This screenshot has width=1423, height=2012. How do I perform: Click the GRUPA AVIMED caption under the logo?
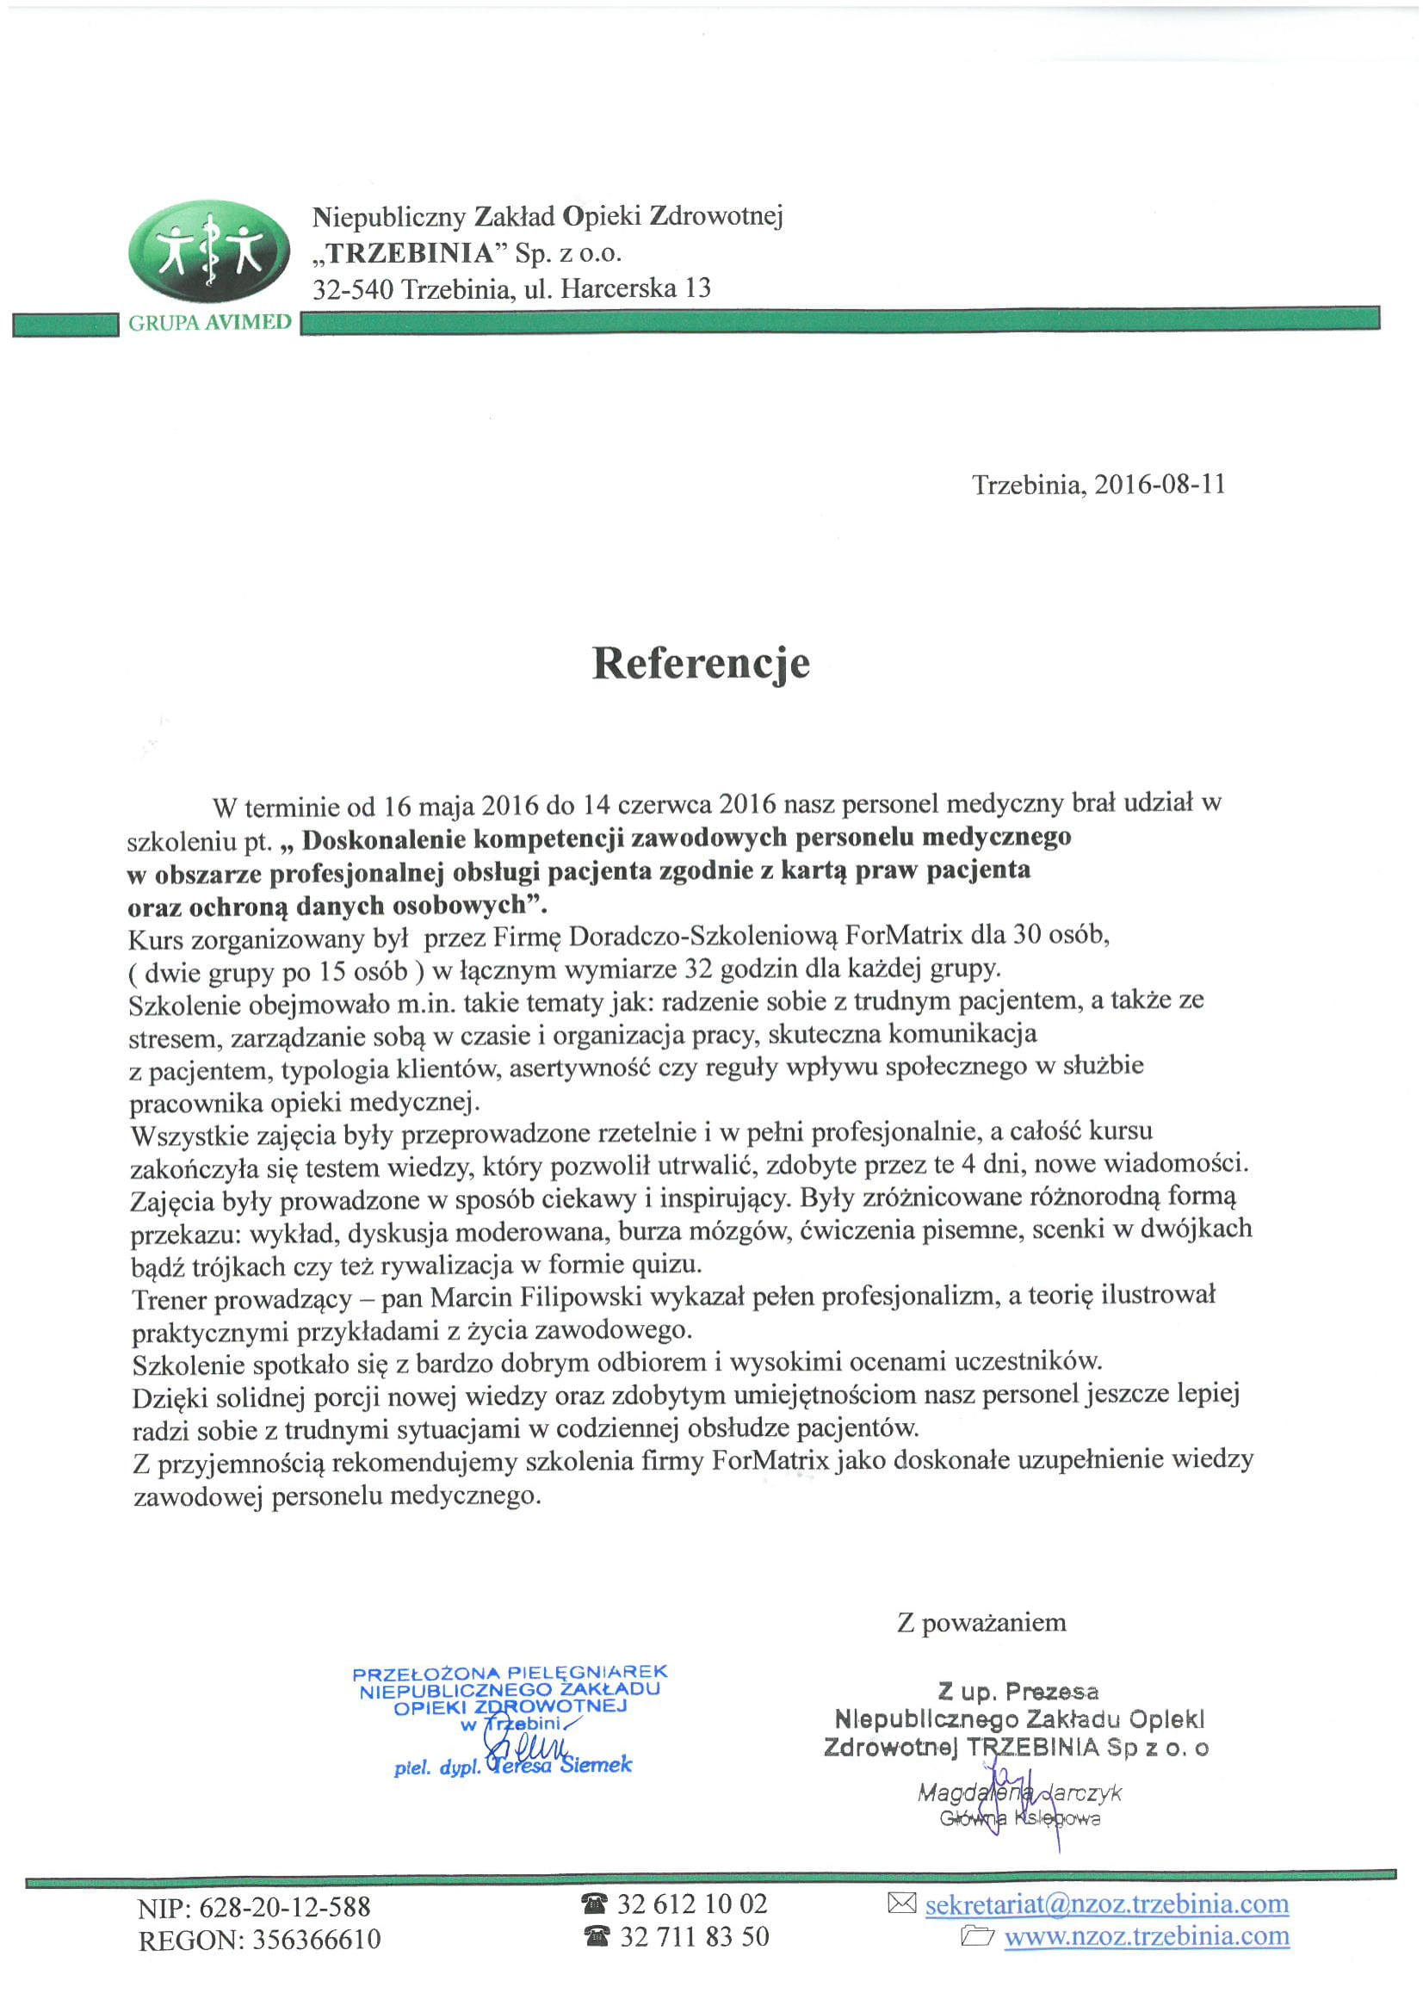tap(209, 323)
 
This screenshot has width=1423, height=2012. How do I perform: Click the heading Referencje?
tap(701, 664)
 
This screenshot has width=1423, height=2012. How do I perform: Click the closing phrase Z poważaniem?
tap(981, 1623)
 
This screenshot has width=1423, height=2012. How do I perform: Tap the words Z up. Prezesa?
tap(1018, 1692)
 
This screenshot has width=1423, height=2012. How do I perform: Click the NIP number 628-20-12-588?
tap(285, 1908)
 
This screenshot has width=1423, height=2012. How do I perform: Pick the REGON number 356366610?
tap(316, 1941)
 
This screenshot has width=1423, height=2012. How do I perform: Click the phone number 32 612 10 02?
tap(691, 1904)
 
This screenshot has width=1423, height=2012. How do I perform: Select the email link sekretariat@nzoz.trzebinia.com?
tap(1106, 1904)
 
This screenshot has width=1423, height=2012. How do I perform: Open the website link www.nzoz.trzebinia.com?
tap(1146, 1936)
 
